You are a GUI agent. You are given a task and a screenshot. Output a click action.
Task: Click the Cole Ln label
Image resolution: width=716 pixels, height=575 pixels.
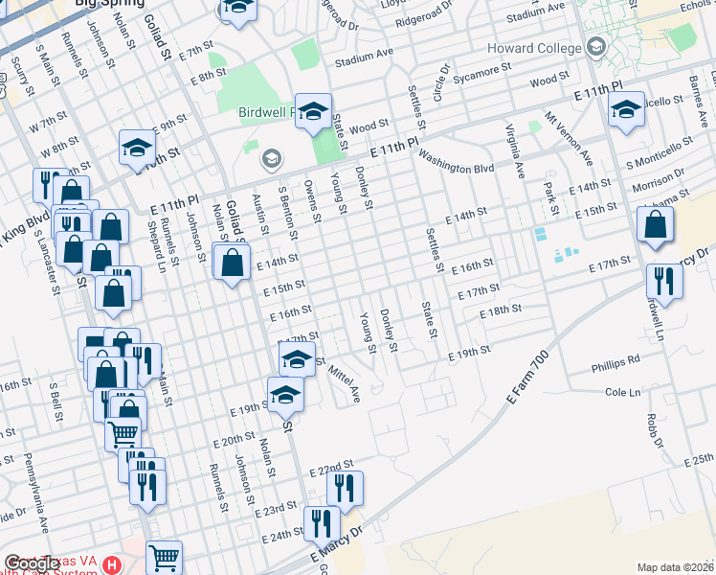pyautogui.click(x=622, y=392)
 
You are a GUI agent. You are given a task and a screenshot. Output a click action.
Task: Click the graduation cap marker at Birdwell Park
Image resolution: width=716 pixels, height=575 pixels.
pyautogui.click(x=312, y=112)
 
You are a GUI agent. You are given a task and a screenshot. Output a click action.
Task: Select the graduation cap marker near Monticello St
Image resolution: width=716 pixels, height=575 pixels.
pyautogui.click(x=626, y=111)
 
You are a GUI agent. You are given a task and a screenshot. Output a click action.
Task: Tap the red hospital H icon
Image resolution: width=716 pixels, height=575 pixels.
pyautogui.click(x=112, y=563)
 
